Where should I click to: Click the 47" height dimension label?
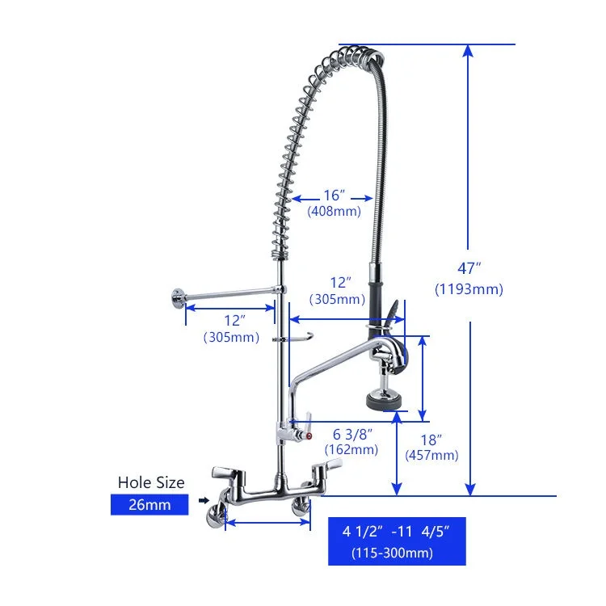click(469, 267)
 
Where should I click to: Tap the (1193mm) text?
click(469, 289)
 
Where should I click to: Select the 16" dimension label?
click(334, 196)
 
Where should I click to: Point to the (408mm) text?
click(335, 211)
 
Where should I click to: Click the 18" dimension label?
click(431, 440)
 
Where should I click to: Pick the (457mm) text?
click(431, 455)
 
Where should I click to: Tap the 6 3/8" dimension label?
click(353, 434)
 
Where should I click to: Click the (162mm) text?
click(351, 449)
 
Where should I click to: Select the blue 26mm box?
click(149, 504)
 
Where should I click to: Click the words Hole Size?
click(151, 482)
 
